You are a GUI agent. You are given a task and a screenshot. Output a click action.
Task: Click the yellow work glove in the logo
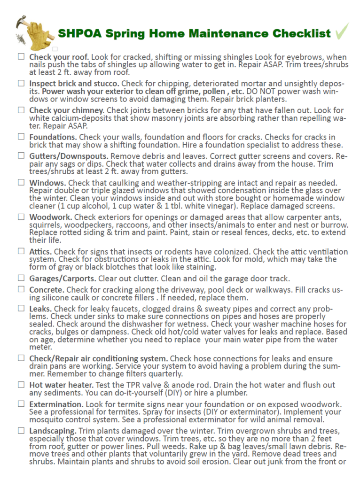click(x=34, y=34)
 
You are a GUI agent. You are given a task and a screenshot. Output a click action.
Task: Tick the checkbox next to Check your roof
click(x=21, y=56)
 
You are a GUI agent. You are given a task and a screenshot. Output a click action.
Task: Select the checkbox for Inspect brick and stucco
click(x=21, y=83)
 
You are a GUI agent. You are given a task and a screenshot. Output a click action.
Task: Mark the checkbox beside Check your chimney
click(x=21, y=109)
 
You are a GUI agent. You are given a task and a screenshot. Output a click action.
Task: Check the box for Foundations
click(x=21, y=136)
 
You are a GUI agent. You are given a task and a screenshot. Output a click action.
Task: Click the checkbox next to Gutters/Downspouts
click(x=21, y=155)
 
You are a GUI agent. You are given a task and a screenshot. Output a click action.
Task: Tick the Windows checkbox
click(x=21, y=182)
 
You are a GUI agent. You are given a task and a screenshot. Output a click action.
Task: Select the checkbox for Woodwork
click(x=21, y=217)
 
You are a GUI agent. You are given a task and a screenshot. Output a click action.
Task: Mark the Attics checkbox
click(x=21, y=251)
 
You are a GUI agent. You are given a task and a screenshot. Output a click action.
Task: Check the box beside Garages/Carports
click(x=21, y=278)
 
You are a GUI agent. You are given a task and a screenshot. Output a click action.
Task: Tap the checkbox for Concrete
click(x=21, y=289)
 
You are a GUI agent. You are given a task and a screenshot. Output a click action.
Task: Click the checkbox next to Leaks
click(x=21, y=308)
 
